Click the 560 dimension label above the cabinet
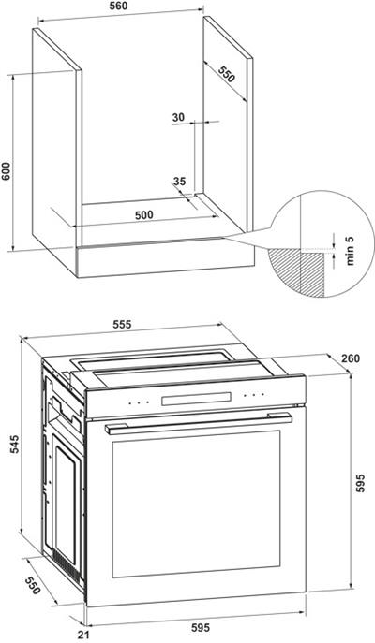pyautogui.click(x=119, y=6)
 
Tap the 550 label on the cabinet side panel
pyautogui.click(x=226, y=74)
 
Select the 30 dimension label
pyautogui.click(x=178, y=117)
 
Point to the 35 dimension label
pyautogui.click(x=179, y=181)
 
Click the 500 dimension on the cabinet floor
pyautogui.click(x=144, y=214)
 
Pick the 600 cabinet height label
pyautogui.click(x=6, y=169)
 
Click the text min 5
pyautogui.click(x=350, y=250)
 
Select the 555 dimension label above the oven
pyautogui.click(x=122, y=324)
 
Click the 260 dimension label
pyautogui.click(x=351, y=358)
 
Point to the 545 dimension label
pyautogui.click(x=14, y=445)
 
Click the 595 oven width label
pyautogui.click(x=201, y=627)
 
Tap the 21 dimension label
pyautogui.click(x=83, y=636)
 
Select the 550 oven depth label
pyautogui.click(x=33, y=586)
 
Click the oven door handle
pyautogui.click(x=199, y=423)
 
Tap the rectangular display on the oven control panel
pyautogui.click(x=196, y=399)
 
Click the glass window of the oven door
pyautogui.click(x=196, y=504)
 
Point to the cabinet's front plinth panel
pyautogui.click(x=166, y=257)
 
